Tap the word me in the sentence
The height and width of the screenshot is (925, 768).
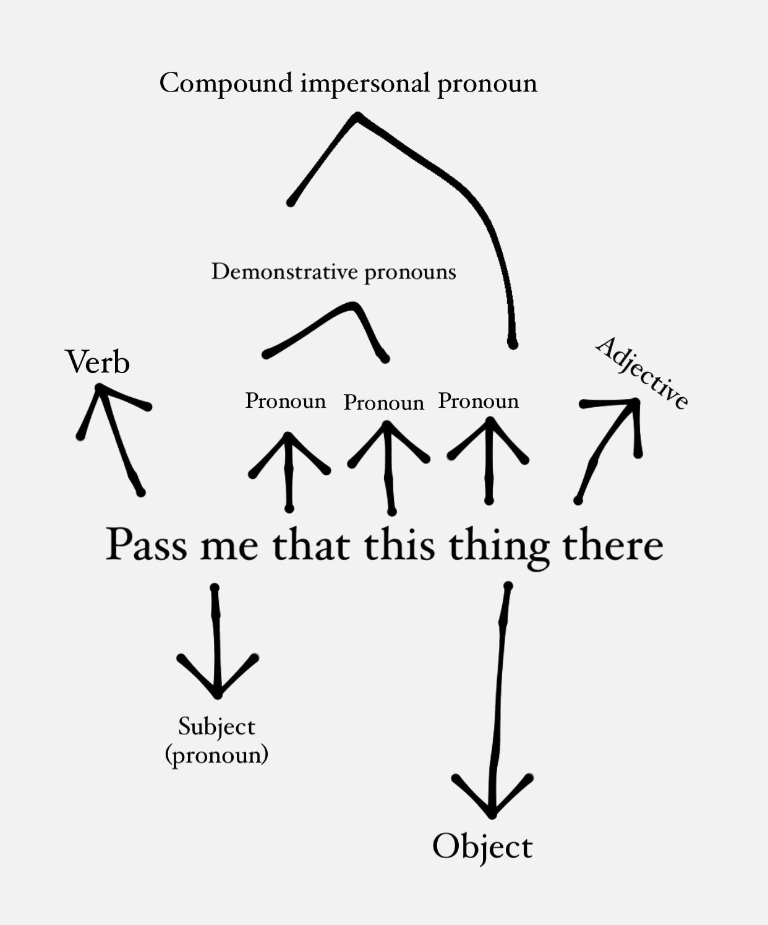229,547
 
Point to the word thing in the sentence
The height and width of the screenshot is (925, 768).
499,547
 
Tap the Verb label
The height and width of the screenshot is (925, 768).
98,362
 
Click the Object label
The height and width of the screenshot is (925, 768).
482,846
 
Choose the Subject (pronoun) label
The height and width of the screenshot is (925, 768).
216,740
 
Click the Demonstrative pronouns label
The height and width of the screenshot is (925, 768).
333,272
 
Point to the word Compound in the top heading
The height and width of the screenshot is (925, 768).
226,83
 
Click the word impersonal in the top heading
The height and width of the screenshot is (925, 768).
365,84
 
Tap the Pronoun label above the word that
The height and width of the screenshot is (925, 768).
285,401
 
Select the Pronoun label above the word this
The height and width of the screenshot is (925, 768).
384,403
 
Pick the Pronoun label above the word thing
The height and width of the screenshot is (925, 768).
479,401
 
